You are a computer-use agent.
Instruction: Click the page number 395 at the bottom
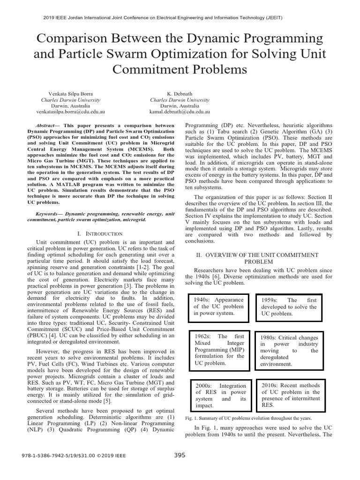(180, 455)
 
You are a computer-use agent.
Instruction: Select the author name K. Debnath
(180, 93)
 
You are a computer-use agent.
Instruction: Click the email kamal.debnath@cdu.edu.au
(180, 112)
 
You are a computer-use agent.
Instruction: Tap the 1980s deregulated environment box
(289, 350)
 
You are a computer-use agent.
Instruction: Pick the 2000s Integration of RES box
(219, 395)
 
